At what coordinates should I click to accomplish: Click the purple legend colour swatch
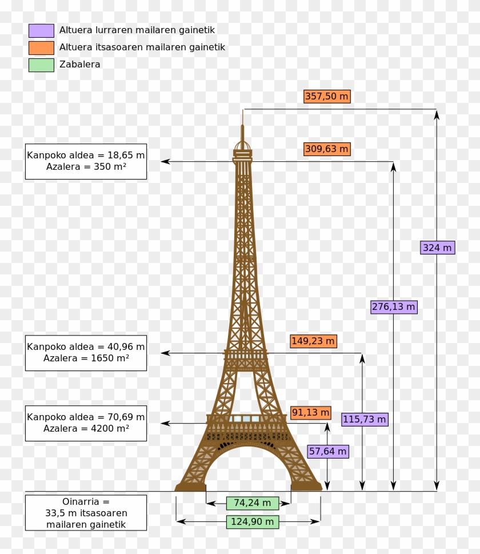tap(41, 31)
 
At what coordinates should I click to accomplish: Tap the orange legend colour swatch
tap(41, 47)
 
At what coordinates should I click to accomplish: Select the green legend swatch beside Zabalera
tap(41, 65)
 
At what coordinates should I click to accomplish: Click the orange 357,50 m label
tap(327, 97)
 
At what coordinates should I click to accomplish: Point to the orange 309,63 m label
tap(327, 149)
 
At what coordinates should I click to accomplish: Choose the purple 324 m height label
tap(437, 248)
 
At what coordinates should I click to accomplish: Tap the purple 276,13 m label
tap(394, 307)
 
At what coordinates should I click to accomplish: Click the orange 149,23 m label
tap(313, 341)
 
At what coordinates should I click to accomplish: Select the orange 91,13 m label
tap(311, 413)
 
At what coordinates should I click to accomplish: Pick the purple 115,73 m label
tap(365, 420)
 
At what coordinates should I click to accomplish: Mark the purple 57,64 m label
tap(328, 452)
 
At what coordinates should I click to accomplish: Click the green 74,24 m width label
tap(253, 503)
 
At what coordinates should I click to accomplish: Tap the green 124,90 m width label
tap(253, 522)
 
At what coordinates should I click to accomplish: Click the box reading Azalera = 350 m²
tap(86, 161)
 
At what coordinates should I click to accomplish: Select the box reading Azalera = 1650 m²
tap(86, 353)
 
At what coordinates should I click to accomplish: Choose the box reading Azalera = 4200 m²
tap(86, 423)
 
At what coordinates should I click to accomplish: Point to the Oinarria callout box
tap(86, 513)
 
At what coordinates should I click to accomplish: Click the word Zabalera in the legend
tap(80, 65)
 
